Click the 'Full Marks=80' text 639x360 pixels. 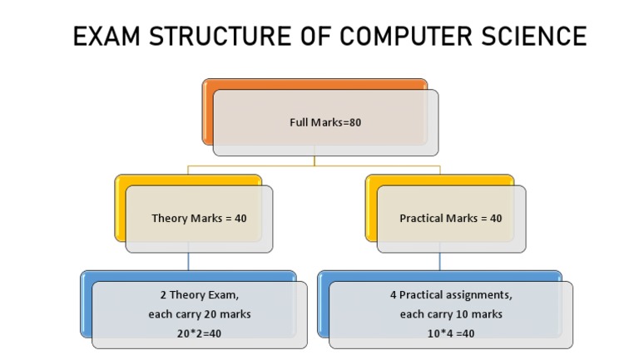click(x=325, y=122)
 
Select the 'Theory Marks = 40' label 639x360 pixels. click(x=199, y=218)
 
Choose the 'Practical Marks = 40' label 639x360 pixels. click(x=451, y=218)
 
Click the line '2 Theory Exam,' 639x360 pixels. click(x=199, y=295)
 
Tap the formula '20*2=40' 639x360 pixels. click(x=199, y=333)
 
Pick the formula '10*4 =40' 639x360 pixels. click(x=450, y=333)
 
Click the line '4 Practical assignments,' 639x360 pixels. click(x=450, y=295)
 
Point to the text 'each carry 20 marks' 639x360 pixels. click(x=199, y=314)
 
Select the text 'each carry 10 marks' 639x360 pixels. click(x=450, y=314)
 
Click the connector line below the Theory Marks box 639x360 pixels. click(x=188, y=261)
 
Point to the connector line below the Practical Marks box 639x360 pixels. click(x=440, y=261)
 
